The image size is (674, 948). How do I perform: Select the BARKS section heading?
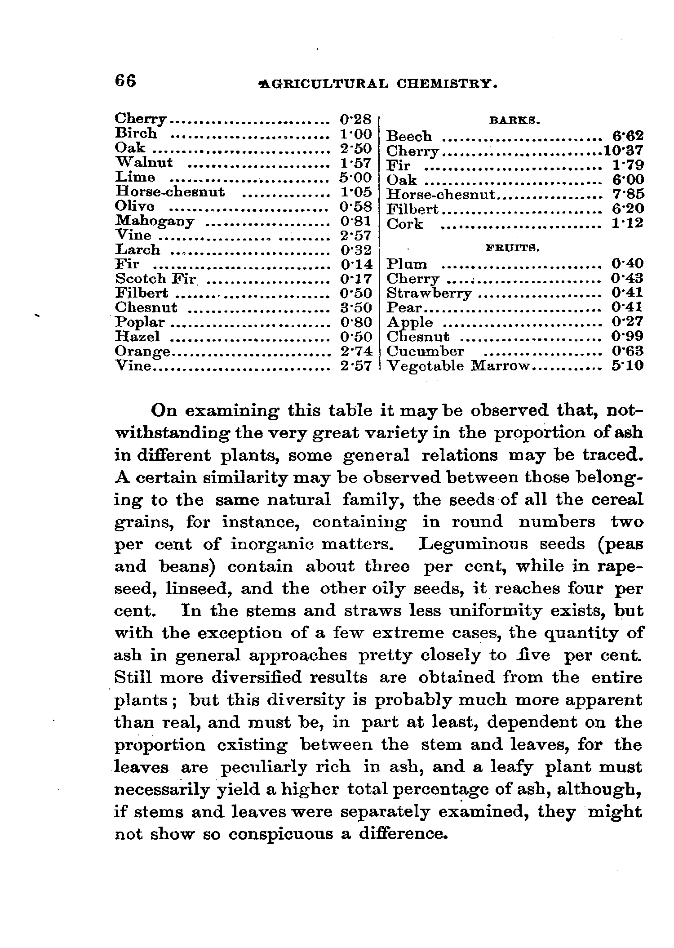click(514, 120)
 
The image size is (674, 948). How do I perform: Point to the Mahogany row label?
click(155, 221)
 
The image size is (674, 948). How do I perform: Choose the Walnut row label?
click(144, 162)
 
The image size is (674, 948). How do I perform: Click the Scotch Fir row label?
click(155, 279)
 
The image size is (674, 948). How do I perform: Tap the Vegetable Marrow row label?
click(458, 366)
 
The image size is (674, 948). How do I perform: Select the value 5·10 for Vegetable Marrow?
click(628, 366)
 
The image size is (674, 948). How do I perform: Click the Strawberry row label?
click(429, 294)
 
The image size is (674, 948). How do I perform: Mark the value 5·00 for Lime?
click(355, 177)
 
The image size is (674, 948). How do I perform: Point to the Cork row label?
click(405, 224)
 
